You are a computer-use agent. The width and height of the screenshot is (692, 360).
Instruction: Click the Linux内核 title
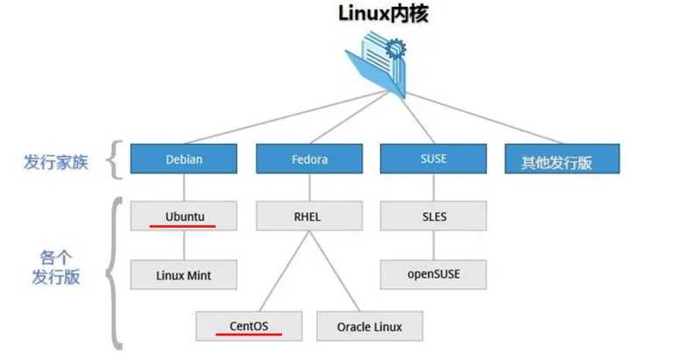[383, 14]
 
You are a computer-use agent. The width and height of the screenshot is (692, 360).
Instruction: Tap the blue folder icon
[376, 64]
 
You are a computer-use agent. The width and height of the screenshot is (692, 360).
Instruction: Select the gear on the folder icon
[395, 48]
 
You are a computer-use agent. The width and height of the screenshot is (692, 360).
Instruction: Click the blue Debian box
[184, 159]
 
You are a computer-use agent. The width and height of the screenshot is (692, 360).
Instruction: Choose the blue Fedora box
[309, 159]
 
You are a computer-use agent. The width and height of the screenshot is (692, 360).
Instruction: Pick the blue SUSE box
[434, 159]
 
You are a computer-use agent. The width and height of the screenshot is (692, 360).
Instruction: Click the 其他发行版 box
[562, 159]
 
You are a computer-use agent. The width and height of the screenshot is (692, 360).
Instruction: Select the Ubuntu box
[184, 215]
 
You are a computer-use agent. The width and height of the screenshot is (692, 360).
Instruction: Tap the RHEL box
[309, 215]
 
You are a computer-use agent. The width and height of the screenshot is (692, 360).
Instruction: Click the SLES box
[434, 215]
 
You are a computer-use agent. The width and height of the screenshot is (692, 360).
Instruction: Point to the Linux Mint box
[184, 274]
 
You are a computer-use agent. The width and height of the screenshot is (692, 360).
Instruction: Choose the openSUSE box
[434, 274]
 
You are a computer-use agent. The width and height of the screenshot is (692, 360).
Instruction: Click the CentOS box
[249, 326]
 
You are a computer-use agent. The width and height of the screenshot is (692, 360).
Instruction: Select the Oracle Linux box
[370, 326]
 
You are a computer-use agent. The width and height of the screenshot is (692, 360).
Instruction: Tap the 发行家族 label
[56, 162]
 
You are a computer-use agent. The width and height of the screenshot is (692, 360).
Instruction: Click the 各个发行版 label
[56, 268]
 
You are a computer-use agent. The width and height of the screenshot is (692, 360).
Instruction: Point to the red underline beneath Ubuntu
[183, 226]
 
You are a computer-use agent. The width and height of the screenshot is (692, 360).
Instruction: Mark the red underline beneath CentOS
[249, 335]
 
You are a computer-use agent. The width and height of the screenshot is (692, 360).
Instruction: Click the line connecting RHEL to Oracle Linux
[335, 271]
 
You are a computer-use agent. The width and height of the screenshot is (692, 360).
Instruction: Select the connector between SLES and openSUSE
[434, 245]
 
